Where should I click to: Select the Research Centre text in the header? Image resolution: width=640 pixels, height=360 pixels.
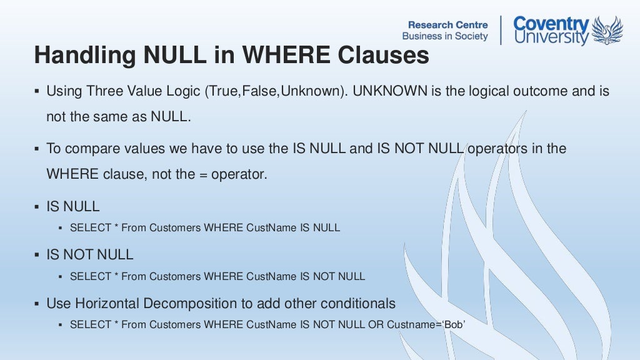point(448,24)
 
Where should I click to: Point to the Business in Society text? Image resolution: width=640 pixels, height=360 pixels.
point(445,36)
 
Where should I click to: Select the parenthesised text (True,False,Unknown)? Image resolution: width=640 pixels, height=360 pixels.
point(276,91)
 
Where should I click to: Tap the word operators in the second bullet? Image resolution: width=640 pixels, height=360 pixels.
point(497,149)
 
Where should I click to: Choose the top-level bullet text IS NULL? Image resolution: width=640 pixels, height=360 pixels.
point(73,206)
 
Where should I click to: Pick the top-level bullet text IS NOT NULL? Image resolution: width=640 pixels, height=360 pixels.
point(90,255)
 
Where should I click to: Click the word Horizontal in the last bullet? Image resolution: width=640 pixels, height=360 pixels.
point(107,304)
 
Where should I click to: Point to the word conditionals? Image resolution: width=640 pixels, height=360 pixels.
point(359,304)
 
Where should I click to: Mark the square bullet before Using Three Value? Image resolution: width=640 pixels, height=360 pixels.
point(37,91)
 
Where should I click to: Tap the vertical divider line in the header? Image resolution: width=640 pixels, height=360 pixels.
point(501,30)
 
